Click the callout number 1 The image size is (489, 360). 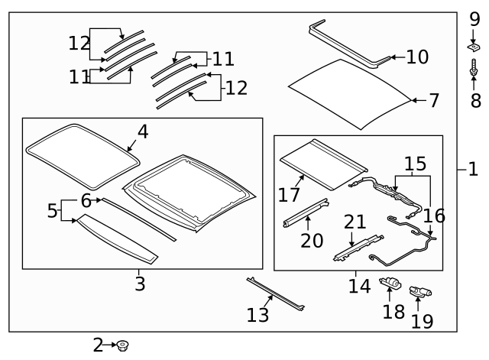click(x=473, y=169)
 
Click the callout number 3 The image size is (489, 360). click(x=138, y=284)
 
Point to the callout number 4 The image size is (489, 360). click(x=142, y=131)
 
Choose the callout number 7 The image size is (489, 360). click(x=434, y=100)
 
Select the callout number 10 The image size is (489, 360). click(x=417, y=57)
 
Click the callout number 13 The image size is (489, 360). click(x=258, y=314)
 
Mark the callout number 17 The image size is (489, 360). click(x=289, y=195)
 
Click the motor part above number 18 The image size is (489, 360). click(x=390, y=284)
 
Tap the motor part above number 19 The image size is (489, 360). click(x=419, y=291)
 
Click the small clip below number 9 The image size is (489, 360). click(x=474, y=47)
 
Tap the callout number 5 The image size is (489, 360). click(x=51, y=210)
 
